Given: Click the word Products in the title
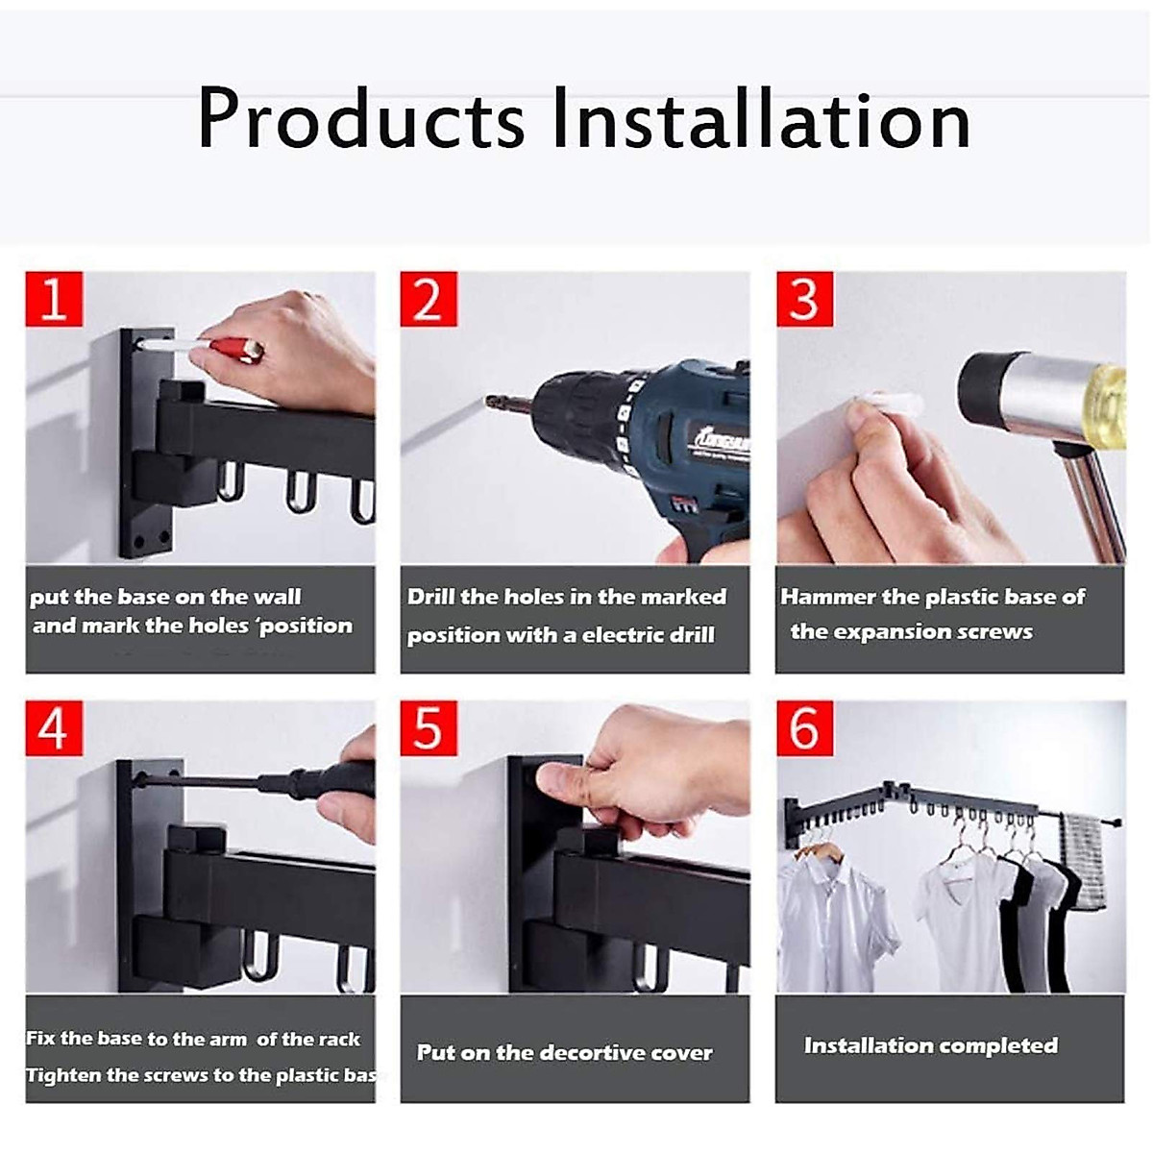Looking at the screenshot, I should pos(360,120).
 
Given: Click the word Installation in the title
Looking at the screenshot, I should pos(761,118).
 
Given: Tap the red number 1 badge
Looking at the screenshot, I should pos(55,299).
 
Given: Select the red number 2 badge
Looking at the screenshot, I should pos(429,299).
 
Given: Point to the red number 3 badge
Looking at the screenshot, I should pos(804,299).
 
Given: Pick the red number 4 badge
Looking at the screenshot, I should pos(55,727).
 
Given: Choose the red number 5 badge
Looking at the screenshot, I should pos(429,727).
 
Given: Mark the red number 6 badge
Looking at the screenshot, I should pos(804,727).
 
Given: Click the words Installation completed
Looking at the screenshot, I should pos(930,1045).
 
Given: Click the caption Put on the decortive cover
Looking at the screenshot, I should pos(565,1052).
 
